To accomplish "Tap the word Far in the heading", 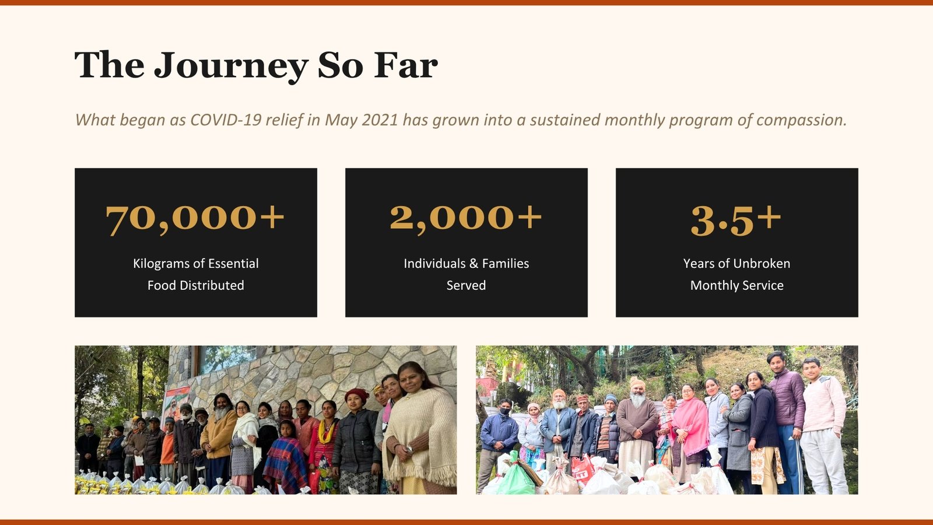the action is [x=406, y=65].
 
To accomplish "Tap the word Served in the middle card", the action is [x=466, y=285].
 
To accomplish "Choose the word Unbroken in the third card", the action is [x=762, y=263].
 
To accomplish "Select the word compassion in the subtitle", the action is [x=801, y=120].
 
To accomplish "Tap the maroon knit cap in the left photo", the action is [x=356, y=394].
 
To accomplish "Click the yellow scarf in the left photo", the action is [x=326, y=431].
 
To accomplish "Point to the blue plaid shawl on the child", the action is [x=285, y=463].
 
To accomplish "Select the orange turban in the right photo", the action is [x=637, y=383].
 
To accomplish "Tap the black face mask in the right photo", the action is [x=505, y=411].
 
